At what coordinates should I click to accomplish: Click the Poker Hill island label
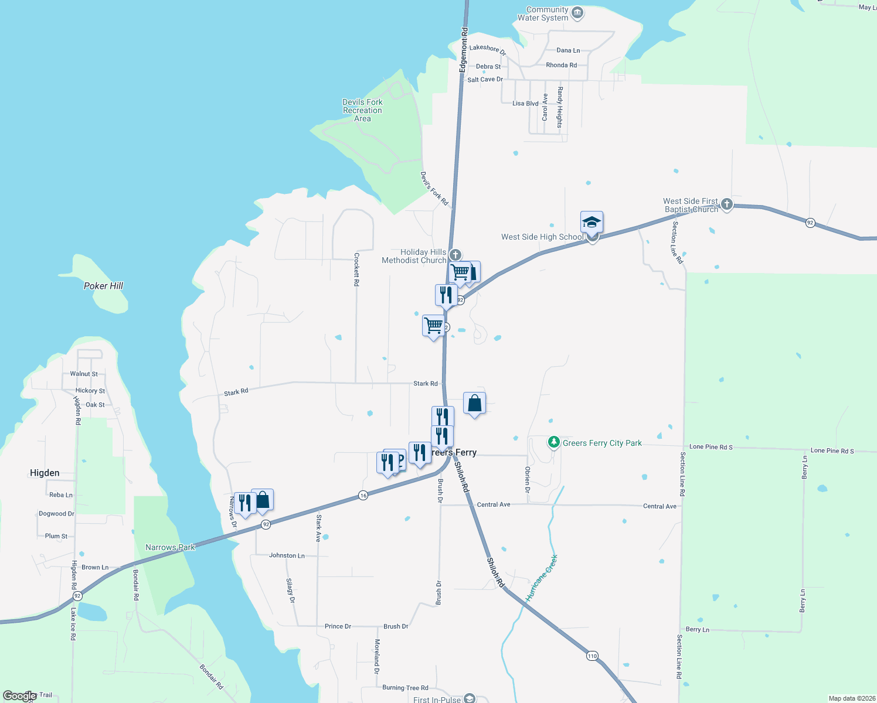tap(103, 286)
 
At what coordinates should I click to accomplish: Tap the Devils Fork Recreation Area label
tap(362, 110)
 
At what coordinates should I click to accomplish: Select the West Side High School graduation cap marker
tap(592, 223)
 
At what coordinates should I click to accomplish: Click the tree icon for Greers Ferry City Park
tap(553, 442)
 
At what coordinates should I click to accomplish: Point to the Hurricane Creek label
tap(542, 578)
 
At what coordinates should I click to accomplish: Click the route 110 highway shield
tap(592, 656)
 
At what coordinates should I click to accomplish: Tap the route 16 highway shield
tap(363, 496)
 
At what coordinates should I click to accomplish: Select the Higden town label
tap(45, 473)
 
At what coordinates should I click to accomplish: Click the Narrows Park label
tap(170, 547)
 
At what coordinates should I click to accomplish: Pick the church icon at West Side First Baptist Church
tap(727, 204)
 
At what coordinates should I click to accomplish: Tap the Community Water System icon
tap(577, 13)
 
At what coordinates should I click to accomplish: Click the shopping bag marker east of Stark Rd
tap(474, 404)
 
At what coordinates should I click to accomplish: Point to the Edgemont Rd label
tap(464, 49)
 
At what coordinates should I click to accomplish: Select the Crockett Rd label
tap(356, 269)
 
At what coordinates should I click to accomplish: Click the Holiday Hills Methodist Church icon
tap(455, 255)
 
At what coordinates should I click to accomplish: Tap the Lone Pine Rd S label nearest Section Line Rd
tap(711, 447)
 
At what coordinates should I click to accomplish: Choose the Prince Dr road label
tap(338, 626)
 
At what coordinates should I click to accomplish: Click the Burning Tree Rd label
tap(405, 688)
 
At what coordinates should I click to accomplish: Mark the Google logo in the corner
tap(19, 696)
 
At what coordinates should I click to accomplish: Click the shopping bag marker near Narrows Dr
tap(263, 500)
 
